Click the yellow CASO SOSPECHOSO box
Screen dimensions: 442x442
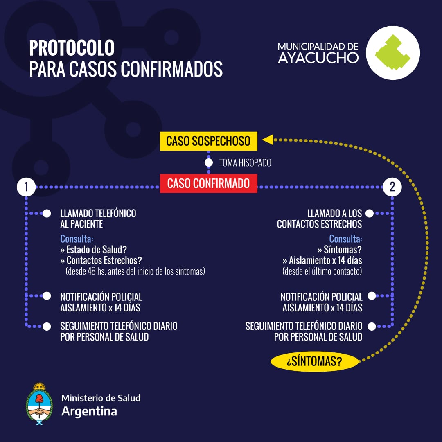click(x=209, y=141)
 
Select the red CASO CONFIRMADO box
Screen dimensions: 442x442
click(x=209, y=183)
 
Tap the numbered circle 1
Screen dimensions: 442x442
click(x=26, y=187)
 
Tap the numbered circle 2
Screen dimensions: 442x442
click(x=392, y=187)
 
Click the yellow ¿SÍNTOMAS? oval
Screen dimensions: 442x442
click(x=315, y=361)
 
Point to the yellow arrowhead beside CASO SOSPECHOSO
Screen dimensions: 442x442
click(x=268, y=140)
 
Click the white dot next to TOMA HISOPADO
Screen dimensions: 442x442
click(x=209, y=162)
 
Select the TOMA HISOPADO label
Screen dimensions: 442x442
click(x=245, y=163)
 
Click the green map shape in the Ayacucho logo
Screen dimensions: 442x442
click(x=392, y=53)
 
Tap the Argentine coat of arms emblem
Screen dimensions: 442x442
click(x=39, y=404)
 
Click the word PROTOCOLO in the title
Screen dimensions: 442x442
click(x=72, y=48)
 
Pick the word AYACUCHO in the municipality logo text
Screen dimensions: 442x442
click(x=318, y=58)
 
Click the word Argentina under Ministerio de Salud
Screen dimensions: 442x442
click(x=89, y=412)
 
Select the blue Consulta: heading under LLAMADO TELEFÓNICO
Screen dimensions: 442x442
click(x=77, y=239)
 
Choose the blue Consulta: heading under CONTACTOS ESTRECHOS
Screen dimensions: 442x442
click(x=345, y=239)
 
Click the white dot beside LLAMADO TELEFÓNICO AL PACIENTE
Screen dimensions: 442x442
click(x=47, y=214)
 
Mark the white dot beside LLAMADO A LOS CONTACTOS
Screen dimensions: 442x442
click(x=370, y=214)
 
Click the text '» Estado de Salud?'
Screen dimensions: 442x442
click(x=94, y=250)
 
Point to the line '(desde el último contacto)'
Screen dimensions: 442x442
click(x=322, y=271)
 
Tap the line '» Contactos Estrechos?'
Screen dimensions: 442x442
click(x=101, y=260)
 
